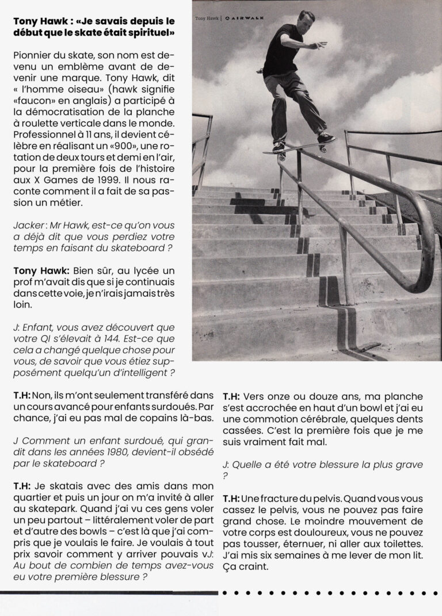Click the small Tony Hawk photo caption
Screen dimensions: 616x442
point(208,18)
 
